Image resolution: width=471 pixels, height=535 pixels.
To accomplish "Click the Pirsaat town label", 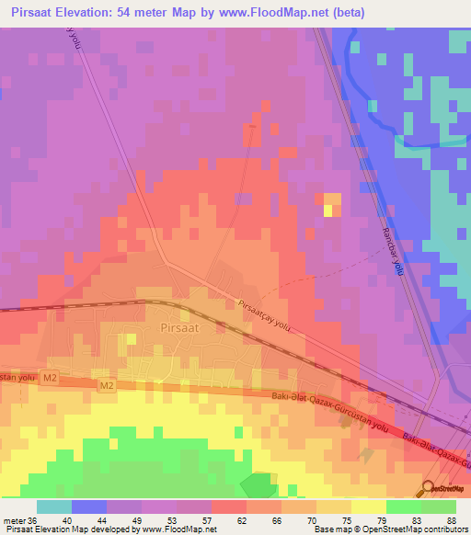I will coord(166,327).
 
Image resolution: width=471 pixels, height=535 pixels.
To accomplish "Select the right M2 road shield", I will coord(107,386).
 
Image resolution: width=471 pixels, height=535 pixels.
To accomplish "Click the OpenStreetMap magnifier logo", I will coord(430,488).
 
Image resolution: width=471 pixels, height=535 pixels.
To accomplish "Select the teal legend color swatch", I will coord(54,507).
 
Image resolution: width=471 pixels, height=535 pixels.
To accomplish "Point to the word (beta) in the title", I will coord(346,13).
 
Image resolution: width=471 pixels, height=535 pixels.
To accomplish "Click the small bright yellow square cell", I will coord(328,211).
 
